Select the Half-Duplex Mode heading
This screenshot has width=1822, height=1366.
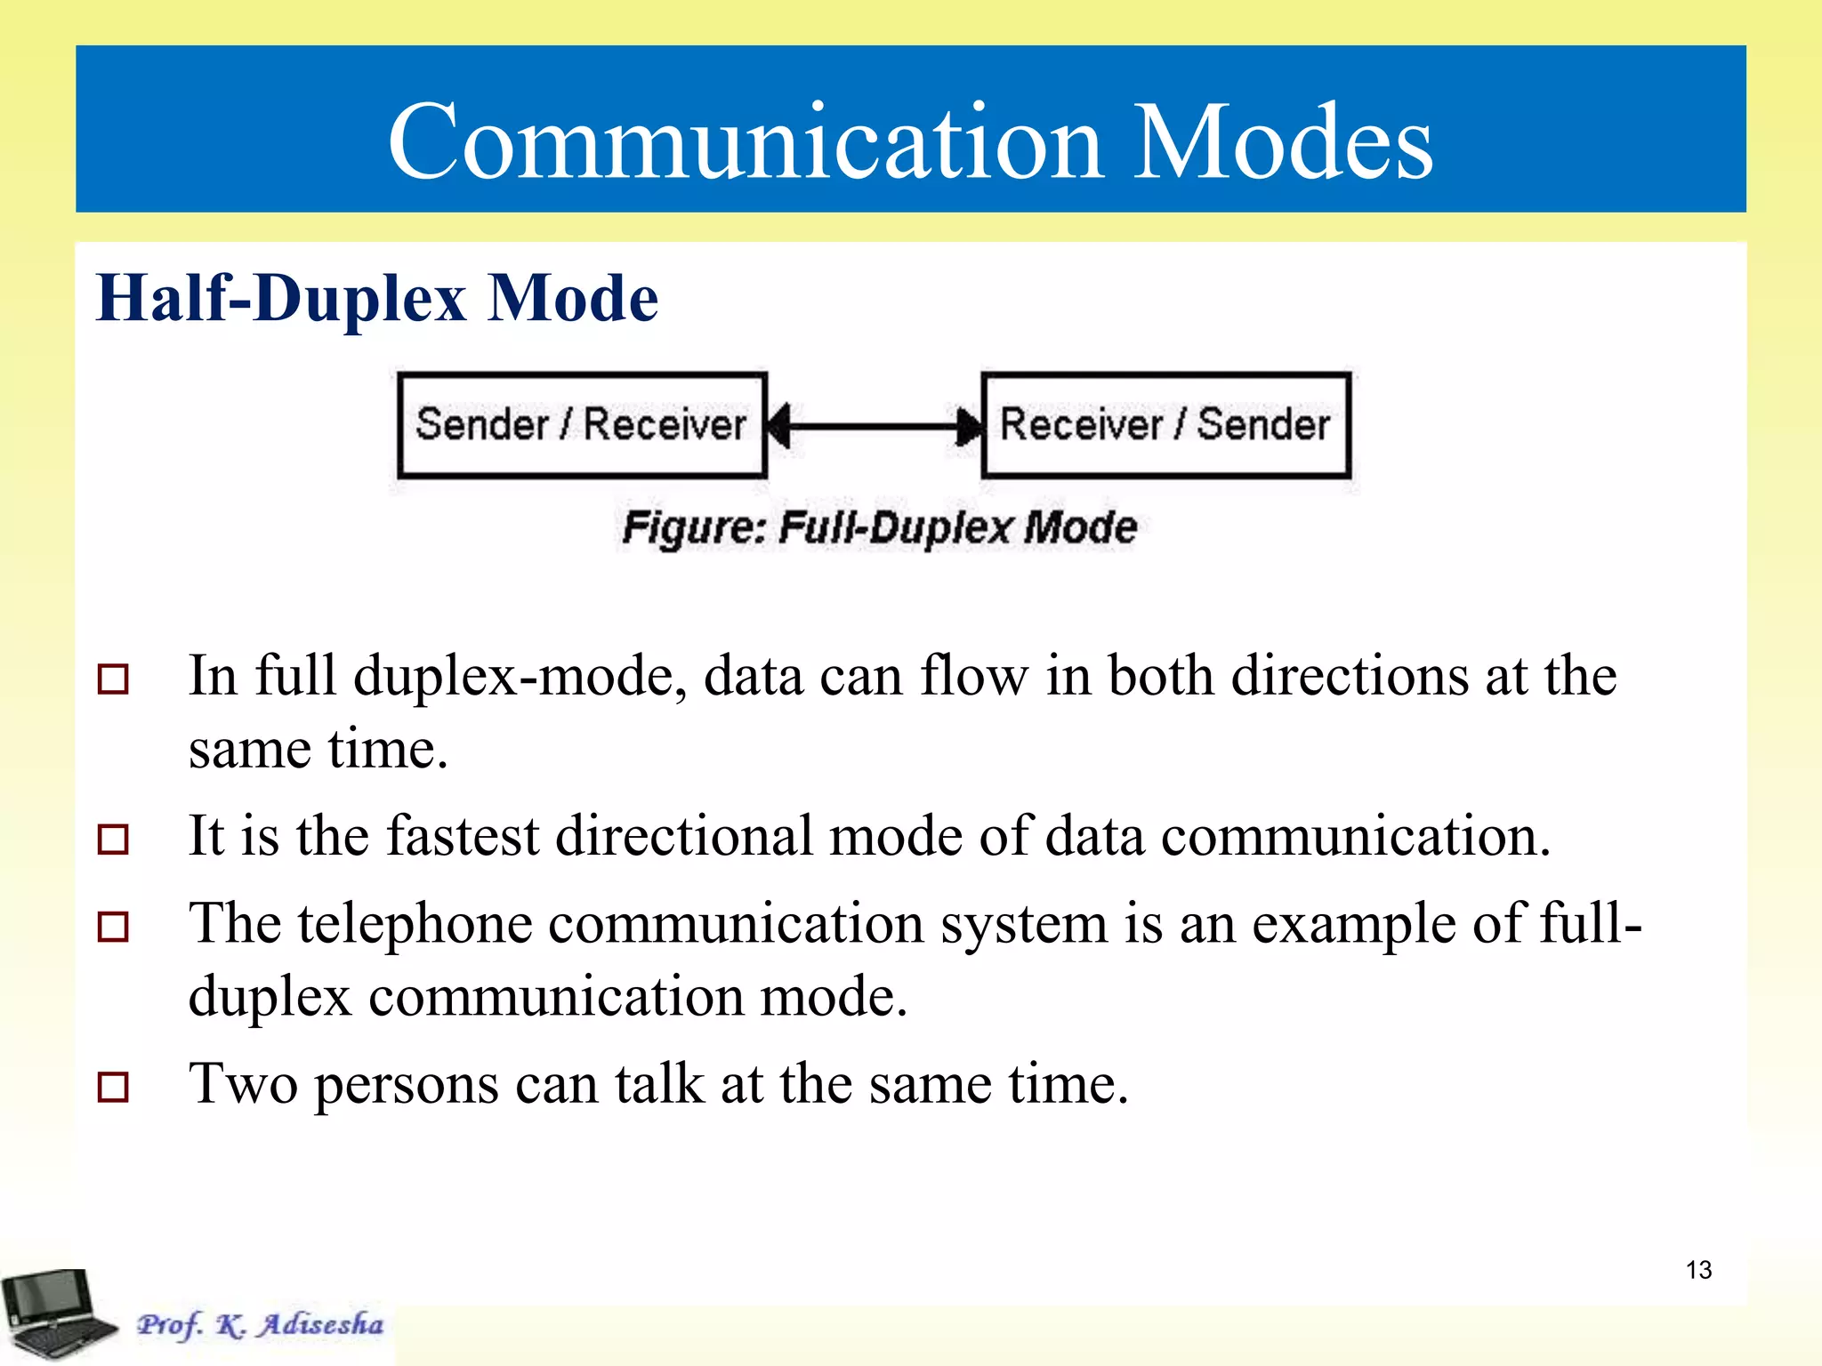[x=377, y=298]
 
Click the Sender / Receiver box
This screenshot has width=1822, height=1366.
[x=582, y=425]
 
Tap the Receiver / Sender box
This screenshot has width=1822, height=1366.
[x=1165, y=425]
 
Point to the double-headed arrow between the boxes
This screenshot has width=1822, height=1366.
[x=875, y=426]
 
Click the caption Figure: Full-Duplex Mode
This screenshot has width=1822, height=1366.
[x=879, y=527]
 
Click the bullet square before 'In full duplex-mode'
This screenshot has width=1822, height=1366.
[x=113, y=679]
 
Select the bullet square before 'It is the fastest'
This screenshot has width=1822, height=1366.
[x=113, y=839]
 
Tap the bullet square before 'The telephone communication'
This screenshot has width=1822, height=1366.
[x=113, y=927]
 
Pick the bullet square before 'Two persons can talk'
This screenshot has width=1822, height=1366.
[x=113, y=1086]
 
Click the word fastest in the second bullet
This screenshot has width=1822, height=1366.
[x=463, y=837]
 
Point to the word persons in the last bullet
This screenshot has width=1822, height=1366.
[x=407, y=1085]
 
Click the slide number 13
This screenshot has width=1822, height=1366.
[x=1698, y=1270]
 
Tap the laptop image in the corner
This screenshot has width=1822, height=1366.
[x=55, y=1314]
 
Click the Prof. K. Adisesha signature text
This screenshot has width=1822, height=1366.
[x=260, y=1324]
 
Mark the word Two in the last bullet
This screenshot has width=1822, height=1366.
[x=243, y=1085]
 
